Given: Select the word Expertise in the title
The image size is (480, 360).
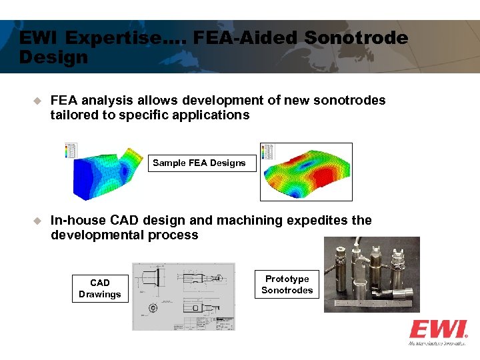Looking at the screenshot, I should click(x=117, y=39).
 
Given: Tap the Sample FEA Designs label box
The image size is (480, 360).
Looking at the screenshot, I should click(x=199, y=163).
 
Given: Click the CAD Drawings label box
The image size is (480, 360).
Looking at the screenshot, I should click(x=100, y=289).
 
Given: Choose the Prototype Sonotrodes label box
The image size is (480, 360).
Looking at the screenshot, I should click(x=287, y=285).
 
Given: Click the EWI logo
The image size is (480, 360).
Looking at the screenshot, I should click(x=437, y=331).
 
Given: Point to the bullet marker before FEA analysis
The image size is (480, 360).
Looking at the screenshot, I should click(x=38, y=101).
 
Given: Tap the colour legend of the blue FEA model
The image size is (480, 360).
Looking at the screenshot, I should click(x=71, y=151).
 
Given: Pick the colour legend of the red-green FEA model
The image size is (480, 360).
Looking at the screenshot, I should click(x=267, y=151).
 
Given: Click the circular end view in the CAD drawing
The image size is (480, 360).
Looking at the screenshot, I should click(x=154, y=308).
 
